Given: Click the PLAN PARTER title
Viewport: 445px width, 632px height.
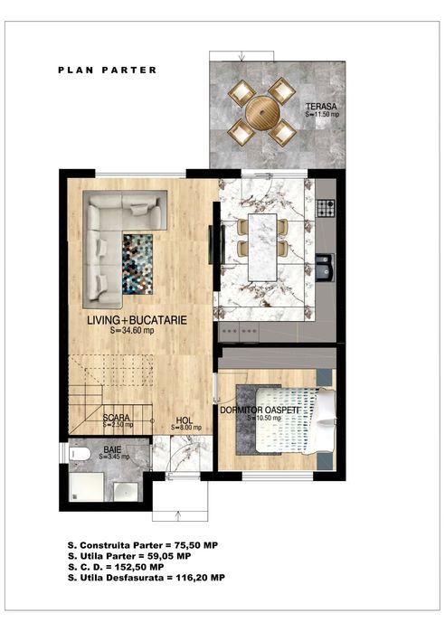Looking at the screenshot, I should [x=107, y=70].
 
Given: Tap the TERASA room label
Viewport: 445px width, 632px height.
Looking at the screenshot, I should [x=319, y=105].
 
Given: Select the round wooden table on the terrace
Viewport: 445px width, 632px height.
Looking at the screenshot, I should [x=262, y=113].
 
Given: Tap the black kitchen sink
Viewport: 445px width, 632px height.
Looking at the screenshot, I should [x=327, y=268].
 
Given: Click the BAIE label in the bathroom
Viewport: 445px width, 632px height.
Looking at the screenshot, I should [x=111, y=448].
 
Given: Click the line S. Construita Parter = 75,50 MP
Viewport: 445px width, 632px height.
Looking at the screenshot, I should [x=142, y=545].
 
